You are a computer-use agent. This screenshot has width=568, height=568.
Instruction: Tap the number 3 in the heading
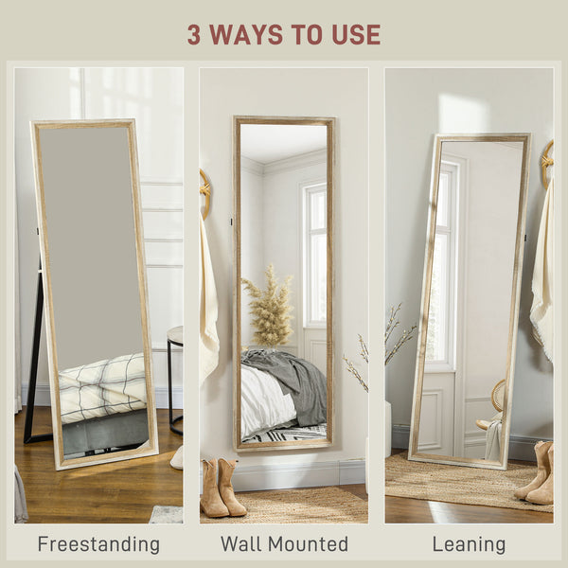pos(194,35)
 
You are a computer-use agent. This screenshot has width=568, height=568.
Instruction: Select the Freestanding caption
pos(98,544)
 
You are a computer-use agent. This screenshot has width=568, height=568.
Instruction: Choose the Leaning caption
pos(469,544)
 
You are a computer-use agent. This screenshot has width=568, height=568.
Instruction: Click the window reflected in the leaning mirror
pos(441,265)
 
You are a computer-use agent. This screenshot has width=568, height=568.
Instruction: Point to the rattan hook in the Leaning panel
pos(546,161)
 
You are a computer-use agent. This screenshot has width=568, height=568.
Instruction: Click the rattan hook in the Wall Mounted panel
pos(204,191)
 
